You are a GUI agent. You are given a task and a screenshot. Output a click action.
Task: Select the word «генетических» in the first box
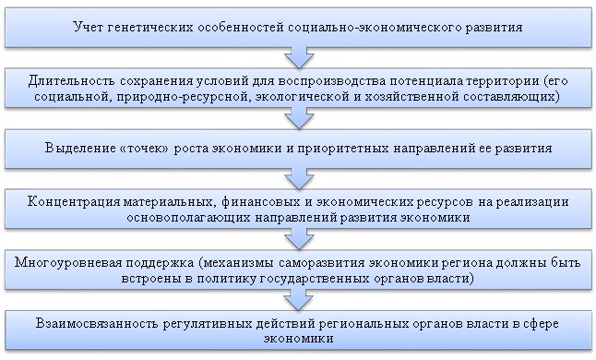[155, 27]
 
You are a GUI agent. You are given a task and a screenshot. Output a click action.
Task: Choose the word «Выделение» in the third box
[80, 148]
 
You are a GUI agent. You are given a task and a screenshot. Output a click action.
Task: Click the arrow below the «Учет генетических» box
[296, 57]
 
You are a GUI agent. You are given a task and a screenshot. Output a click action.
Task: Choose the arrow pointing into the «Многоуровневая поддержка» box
[296, 235]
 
